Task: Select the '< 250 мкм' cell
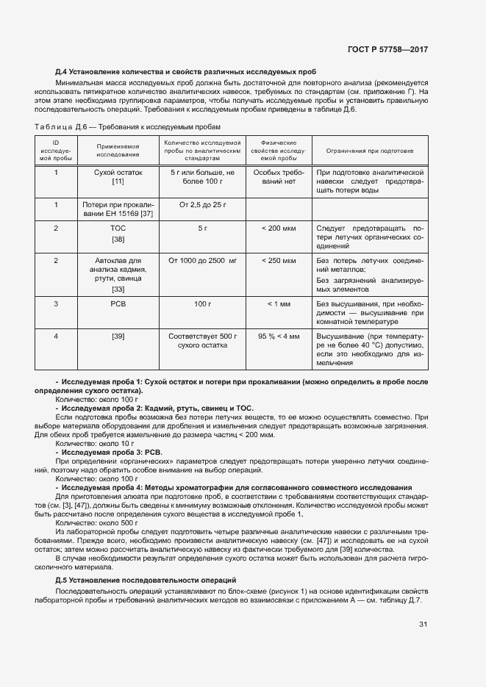coord(278,261)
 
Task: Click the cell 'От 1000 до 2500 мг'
coord(201,261)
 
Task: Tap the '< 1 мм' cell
coord(278,303)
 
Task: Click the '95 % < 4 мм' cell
coord(278,336)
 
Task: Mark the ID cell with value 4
coord(56,336)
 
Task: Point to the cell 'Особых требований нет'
coord(278,176)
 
